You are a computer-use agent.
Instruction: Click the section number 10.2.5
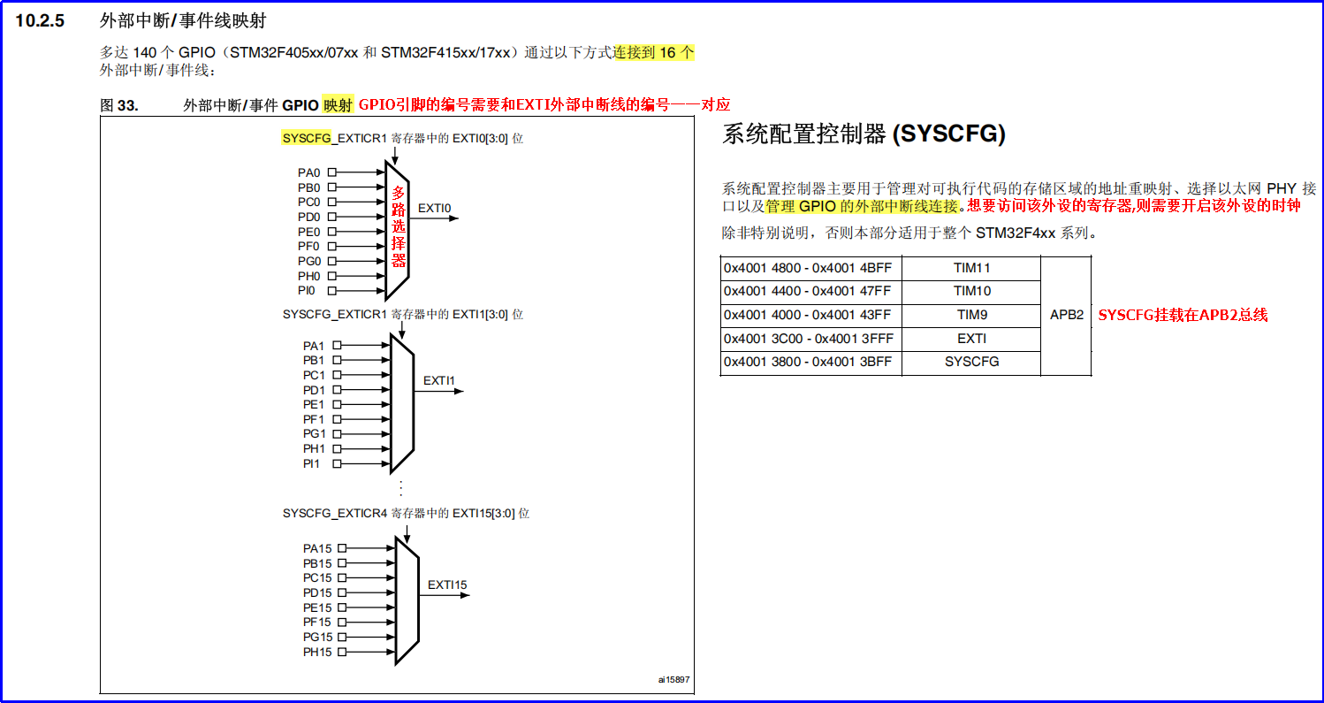pos(41,21)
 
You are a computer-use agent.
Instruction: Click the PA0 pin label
pos(308,173)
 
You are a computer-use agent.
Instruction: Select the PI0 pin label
pos(306,290)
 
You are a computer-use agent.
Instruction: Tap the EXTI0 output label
pos(434,209)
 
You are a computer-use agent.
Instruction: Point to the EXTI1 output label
pos(438,381)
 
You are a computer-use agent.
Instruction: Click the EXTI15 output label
pos(447,585)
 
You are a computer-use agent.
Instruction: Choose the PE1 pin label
pos(314,404)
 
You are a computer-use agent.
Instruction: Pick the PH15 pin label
pos(317,652)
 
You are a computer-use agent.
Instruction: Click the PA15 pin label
pos(317,548)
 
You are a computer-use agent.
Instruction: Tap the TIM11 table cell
pos(971,268)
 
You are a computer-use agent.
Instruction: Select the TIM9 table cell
pos(971,315)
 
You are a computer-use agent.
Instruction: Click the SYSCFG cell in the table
pos(971,362)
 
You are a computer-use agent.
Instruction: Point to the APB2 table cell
pos(1066,315)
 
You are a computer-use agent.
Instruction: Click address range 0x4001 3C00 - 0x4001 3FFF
pos(807,339)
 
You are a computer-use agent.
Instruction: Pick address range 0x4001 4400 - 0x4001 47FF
pos(807,291)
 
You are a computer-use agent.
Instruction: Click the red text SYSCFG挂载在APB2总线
pos(1183,315)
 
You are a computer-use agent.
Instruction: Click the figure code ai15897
pos(673,680)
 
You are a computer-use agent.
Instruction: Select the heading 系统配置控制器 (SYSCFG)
pos(864,134)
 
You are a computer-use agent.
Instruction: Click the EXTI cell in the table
pos(971,339)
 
